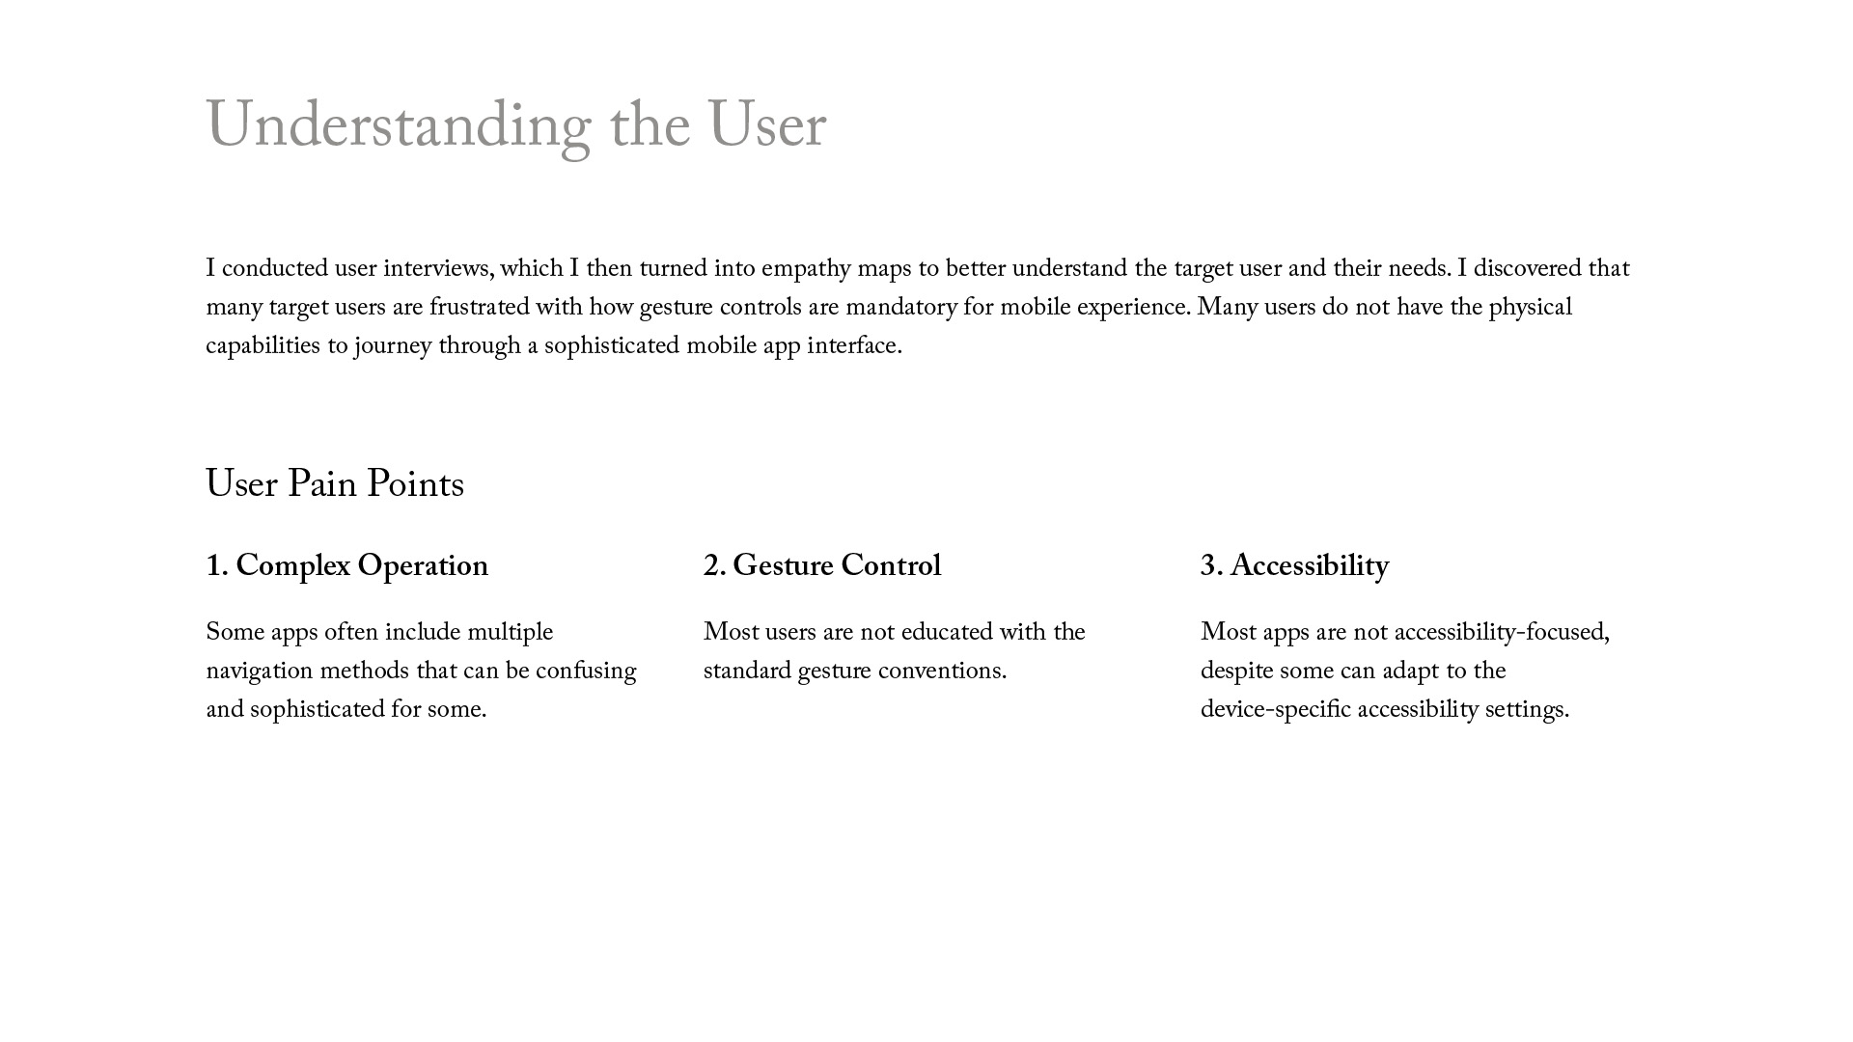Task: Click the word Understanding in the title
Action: pos(398,127)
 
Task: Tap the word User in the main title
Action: pos(766,127)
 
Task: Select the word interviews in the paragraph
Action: pos(437,268)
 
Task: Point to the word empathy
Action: pos(805,268)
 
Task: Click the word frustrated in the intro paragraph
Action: pos(480,307)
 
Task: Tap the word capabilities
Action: pos(263,345)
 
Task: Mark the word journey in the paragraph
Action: pos(393,345)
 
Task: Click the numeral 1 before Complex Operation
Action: pos(215,566)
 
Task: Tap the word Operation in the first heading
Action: pos(423,566)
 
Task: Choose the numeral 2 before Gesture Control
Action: pos(713,566)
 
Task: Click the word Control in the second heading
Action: pos(891,566)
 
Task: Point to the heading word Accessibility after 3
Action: pos(1310,566)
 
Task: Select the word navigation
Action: pos(260,671)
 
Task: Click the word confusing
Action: pos(586,671)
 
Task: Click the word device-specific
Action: pos(1275,709)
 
